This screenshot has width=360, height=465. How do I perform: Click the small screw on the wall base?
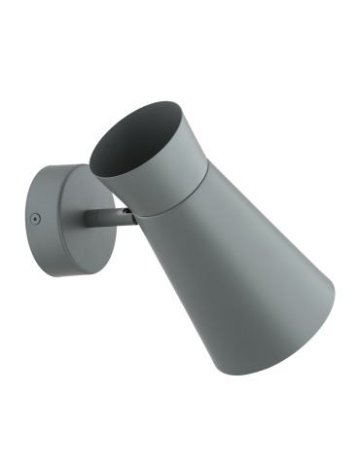click(x=35, y=220)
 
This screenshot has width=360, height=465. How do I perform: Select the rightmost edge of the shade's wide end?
click(x=337, y=292)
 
